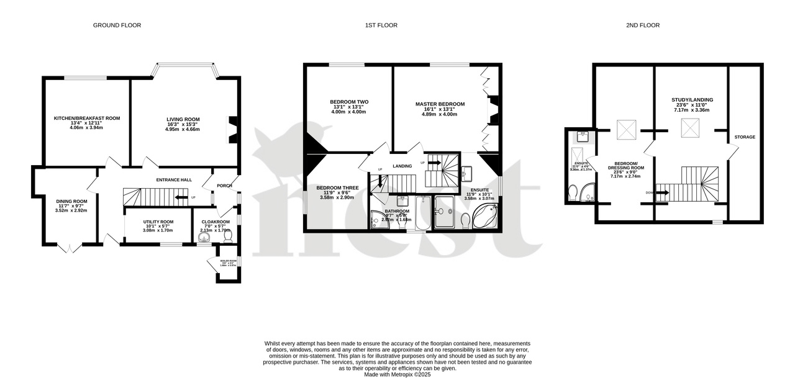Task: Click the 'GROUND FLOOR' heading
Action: [117, 25]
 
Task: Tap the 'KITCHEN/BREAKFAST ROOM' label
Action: [86, 118]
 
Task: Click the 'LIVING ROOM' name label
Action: [183, 119]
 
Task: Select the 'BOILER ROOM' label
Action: [229, 261]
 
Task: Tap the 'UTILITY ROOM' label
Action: [158, 222]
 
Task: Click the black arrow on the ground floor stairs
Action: [181, 198]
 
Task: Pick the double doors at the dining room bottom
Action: [70, 248]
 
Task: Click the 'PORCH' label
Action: [224, 186]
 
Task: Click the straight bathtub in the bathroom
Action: [422, 212]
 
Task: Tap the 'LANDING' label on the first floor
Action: [402, 166]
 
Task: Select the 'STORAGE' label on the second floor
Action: [744, 137]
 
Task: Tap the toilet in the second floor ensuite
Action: [572, 189]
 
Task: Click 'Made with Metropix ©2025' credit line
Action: [397, 374]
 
